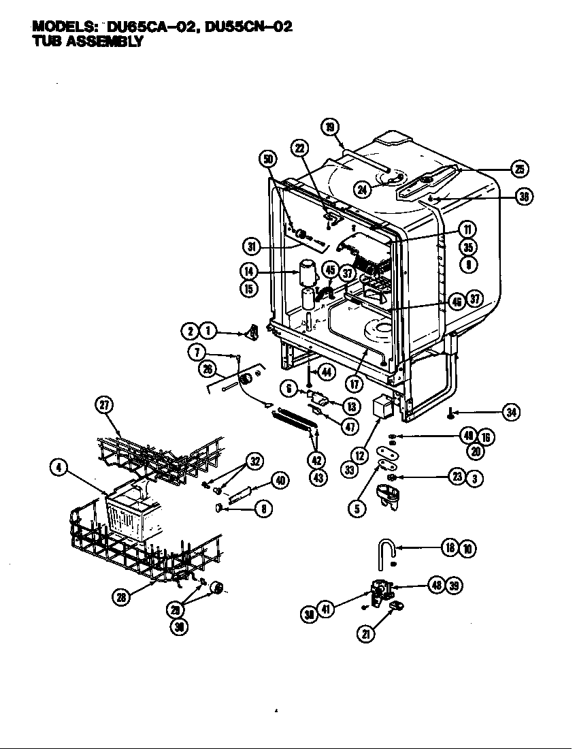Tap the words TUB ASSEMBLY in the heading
click(88, 41)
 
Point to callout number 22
click(300, 148)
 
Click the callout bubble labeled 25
click(521, 170)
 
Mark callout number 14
click(248, 271)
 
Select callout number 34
click(511, 411)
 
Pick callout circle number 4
click(59, 467)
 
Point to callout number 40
click(280, 481)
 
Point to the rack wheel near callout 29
click(216, 588)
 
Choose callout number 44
click(327, 372)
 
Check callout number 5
click(357, 507)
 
